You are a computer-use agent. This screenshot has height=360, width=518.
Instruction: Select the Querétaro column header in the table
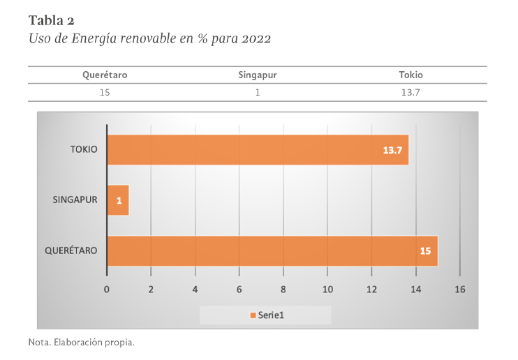105,75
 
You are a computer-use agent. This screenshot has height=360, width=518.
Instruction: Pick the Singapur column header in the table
258,75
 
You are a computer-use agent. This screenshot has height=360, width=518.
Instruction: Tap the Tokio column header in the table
410,75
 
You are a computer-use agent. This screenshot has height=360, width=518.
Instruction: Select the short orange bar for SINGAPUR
118,200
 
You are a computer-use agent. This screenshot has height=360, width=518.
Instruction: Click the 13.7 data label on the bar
393,150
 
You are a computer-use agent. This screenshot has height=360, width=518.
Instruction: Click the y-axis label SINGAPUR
75,200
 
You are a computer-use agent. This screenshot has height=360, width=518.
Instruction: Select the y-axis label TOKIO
83,149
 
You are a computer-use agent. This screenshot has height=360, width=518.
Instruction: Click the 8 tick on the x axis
283,289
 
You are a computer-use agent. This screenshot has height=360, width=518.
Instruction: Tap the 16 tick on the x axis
459,289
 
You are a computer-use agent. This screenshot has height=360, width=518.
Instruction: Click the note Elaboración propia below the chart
80,343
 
